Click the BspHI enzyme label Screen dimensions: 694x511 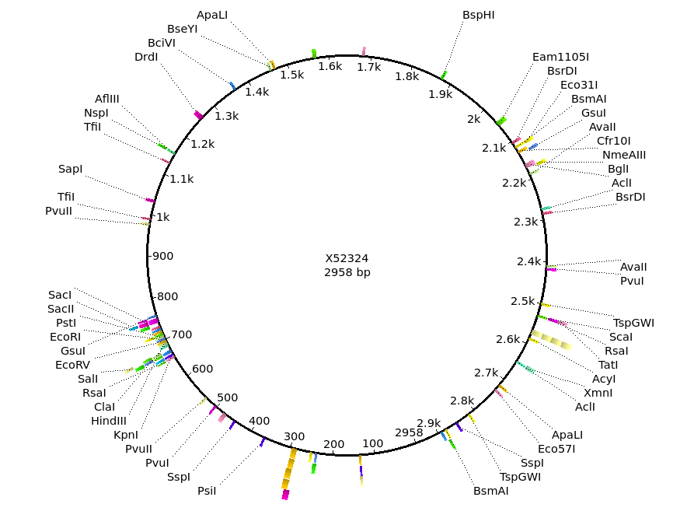click(x=479, y=15)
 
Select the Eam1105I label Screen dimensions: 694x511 click(x=560, y=57)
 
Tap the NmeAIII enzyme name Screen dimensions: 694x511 click(x=623, y=155)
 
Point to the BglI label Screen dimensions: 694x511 click(x=618, y=169)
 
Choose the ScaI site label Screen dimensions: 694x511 click(x=620, y=337)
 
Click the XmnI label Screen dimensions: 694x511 click(x=598, y=393)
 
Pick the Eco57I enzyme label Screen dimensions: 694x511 click(x=556, y=449)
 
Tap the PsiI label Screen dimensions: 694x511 click(x=207, y=491)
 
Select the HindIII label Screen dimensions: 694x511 click(x=109, y=421)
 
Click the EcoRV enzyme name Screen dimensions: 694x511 click(x=72, y=365)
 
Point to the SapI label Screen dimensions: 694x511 click(x=71, y=169)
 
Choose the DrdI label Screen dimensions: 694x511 click(x=146, y=57)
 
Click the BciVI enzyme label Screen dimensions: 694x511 click(x=162, y=43)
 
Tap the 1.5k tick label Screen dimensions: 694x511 click(x=292, y=75)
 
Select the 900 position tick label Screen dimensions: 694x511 click(x=163, y=256)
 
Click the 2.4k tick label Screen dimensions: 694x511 click(x=529, y=261)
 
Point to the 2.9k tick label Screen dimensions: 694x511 click(x=429, y=423)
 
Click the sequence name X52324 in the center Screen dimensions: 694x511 click(x=347, y=258)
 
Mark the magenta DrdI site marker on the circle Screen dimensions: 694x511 click(x=199, y=115)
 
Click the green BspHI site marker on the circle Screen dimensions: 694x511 click(x=444, y=75)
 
